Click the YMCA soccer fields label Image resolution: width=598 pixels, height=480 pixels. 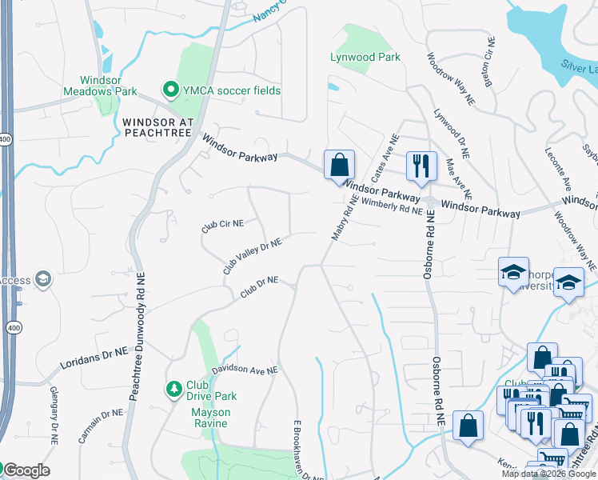pyautogui.click(x=232, y=90)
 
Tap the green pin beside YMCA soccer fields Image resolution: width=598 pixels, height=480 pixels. pyautogui.click(x=169, y=90)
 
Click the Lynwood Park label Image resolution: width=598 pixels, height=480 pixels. pyautogui.click(x=365, y=57)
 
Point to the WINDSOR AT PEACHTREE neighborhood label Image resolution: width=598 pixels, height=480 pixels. pyautogui.click(x=157, y=127)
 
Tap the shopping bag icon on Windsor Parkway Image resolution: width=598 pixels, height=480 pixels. pyautogui.click(x=339, y=166)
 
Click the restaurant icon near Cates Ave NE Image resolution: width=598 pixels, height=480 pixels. pyautogui.click(x=421, y=166)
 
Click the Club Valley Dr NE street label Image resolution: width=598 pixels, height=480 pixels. pyautogui.click(x=252, y=256)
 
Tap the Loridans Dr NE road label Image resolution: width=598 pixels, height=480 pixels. pyautogui.click(x=94, y=357)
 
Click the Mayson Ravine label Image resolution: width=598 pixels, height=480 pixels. pyautogui.click(x=210, y=418)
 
